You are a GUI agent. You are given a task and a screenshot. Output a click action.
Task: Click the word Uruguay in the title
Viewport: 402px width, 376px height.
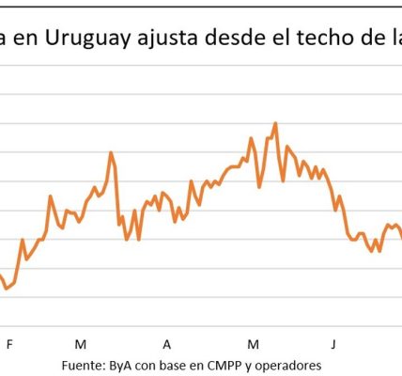tap(88, 39)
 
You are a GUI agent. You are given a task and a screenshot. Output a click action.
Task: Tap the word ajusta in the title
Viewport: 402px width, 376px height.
tap(167, 39)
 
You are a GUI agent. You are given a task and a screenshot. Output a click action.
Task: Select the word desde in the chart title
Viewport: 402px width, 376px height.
tap(235, 38)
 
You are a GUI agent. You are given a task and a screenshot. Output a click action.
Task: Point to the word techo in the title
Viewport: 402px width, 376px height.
tap(330, 38)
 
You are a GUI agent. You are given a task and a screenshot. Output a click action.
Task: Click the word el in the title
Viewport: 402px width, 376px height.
tap(281, 38)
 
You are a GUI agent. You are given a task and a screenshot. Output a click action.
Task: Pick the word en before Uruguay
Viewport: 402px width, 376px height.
tap(25, 39)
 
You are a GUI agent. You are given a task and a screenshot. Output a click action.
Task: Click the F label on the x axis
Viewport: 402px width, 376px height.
tap(9, 344)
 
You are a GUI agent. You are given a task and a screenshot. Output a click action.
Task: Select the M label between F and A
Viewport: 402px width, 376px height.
tap(81, 344)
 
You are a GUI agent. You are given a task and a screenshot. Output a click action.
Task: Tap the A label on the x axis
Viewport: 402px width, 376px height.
tap(167, 344)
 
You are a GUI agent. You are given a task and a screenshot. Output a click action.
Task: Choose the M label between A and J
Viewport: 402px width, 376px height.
tap(253, 344)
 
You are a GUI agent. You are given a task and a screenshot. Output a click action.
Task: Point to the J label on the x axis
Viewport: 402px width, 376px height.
tap(333, 344)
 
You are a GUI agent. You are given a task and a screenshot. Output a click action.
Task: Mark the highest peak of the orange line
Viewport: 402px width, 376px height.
tap(275, 123)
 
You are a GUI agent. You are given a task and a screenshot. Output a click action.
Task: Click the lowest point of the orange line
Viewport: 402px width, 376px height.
tap(7, 288)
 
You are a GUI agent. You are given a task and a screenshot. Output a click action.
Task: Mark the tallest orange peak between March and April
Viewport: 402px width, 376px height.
tap(111, 152)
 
